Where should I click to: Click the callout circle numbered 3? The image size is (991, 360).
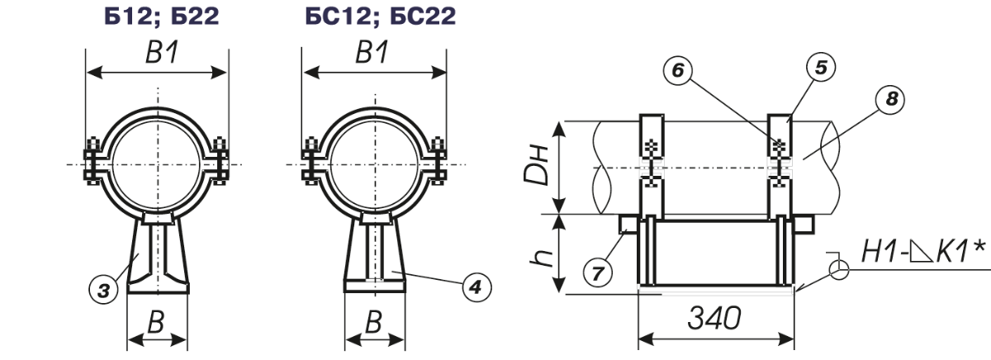click(x=103, y=291)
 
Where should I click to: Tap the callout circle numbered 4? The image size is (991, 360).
click(x=477, y=288)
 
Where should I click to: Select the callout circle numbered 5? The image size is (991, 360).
click(x=821, y=68)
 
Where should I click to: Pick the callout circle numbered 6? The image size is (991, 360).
click(x=678, y=70)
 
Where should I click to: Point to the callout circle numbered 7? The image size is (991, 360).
click(x=598, y=273)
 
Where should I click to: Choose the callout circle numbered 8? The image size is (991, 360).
click(x=890, y=99)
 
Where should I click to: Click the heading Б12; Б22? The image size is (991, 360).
click(x=162, y=16)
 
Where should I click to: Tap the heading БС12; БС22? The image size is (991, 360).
click(x=381, y=16)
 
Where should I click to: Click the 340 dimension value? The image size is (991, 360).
click(x=714, y=318)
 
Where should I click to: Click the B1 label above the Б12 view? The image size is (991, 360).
click(x=162, y=53)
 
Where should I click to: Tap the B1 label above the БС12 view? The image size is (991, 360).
click(x=372, y=52)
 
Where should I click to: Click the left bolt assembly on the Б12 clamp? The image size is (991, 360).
click(x=92, y=162)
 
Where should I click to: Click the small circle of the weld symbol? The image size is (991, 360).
click(x=839, y=269)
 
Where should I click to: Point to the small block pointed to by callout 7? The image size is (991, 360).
click(x=628, y=224)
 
